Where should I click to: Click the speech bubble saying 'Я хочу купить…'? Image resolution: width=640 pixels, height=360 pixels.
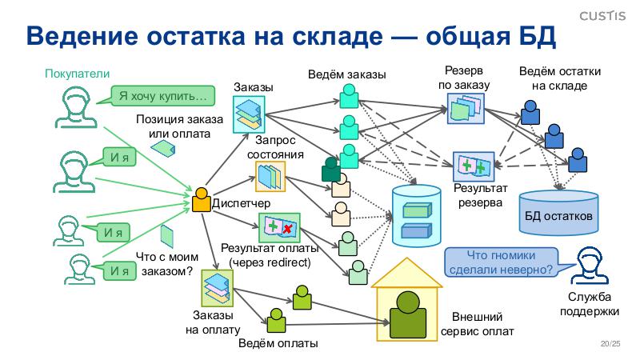162,96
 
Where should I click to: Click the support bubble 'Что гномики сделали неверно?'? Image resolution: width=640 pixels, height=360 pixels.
502,262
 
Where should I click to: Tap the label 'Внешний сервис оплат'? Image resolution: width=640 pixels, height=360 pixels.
478,324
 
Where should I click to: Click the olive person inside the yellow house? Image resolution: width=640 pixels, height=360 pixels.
406,312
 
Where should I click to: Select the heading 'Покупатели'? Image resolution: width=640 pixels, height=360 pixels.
76,74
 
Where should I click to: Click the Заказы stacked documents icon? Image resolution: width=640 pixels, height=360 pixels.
249,114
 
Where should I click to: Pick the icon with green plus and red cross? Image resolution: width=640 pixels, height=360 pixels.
280,228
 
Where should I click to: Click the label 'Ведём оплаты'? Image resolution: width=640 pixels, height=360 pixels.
278,344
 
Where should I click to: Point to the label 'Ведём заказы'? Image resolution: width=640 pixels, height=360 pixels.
347,74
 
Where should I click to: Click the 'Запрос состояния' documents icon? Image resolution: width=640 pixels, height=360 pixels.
269,176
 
